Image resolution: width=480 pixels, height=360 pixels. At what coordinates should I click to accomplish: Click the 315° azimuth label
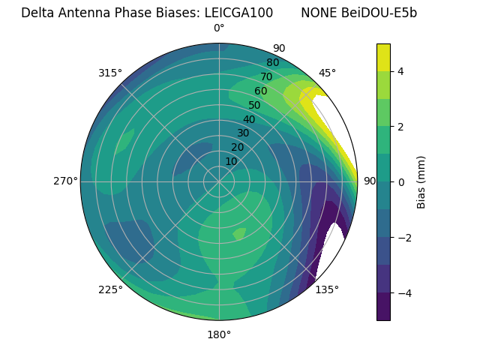pyautogui.click(x=109, y=73)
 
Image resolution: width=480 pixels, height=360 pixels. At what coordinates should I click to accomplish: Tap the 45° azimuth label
pyautogui.click(x=327, y=73)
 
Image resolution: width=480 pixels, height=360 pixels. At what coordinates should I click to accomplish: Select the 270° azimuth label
pyautogui.click(x=64, y=181)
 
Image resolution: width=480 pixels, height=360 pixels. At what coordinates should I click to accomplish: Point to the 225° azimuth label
pyautogui.click(x=109, y=289)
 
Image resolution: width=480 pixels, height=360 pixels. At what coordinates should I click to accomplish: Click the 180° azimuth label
pyautogui.click(x=219, y=334)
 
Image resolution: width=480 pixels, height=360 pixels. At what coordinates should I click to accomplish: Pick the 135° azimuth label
pyautogui.click(x=327, y=289)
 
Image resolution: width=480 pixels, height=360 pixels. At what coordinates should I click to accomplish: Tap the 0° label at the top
pyautogui.click(x=219, y=28)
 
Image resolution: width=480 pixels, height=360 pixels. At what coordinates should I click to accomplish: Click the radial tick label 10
pyautogui.click(x=231, y=161)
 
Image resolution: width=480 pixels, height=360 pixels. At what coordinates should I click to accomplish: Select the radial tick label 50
pyautogui.click(x=254, y=105)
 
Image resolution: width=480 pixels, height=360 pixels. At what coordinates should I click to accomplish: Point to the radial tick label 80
pyautogui.click(x=272, y=62)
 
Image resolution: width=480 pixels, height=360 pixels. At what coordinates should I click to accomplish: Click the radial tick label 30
pyautogui.click(x=243, y=133)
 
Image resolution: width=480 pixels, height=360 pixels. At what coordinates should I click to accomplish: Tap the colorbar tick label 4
pyautogui.click(x=400, y=71)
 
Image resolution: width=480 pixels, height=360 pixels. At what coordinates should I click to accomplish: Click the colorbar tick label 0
pyautogui.click(x=400, y=182)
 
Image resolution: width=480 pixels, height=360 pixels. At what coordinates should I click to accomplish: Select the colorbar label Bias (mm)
pyautogui.click(x=421, y=182)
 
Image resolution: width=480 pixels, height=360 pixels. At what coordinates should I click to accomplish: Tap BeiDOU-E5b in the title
pyautogui.click(x=380, y=13)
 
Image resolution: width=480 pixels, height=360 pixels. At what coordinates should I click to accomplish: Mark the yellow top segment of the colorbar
pyautogui.click(x=383, y=57)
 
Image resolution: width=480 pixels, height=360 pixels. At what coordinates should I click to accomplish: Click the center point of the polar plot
pyautogui.click(x=219, y=181)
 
